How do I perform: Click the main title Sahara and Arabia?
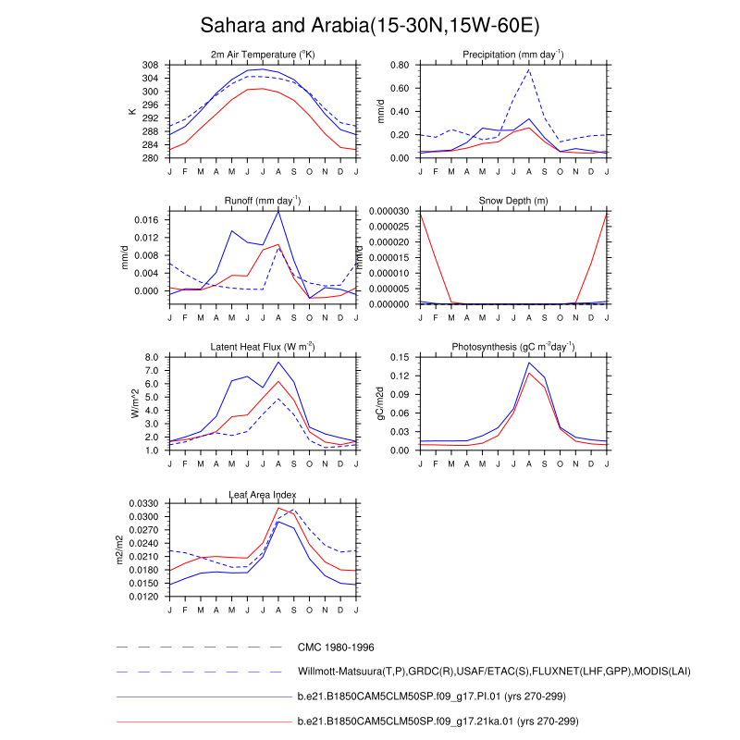coord(370,25)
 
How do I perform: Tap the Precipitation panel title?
coord(513,55)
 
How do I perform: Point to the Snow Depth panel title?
coord(513,201)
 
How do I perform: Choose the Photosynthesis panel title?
coord(513,347)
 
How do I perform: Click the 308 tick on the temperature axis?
coord(149,66)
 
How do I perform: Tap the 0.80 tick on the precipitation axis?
coord(399,66)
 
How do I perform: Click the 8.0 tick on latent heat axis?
coord(153,358)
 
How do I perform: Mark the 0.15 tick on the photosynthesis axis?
coord(399,358)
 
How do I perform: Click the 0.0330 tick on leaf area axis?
coord(142,504)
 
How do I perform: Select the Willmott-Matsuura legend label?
coord(493,671)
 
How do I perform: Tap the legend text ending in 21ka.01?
coord(438,721)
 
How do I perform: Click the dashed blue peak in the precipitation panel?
coord(529,69)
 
